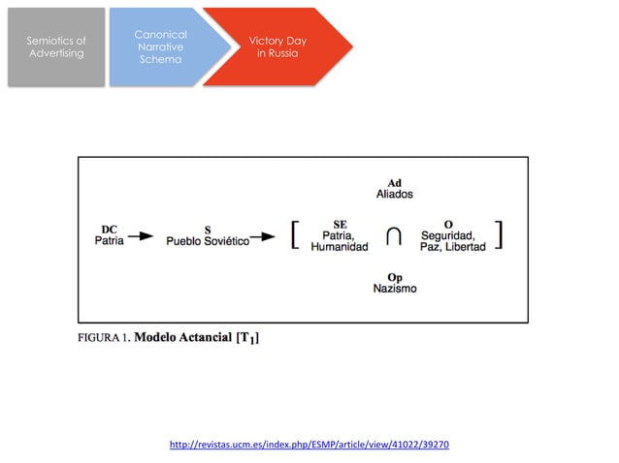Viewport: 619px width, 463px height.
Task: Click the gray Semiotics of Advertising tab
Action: pyautogui.click(x=55, y=46)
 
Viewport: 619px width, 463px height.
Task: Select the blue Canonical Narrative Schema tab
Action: pyautogui.click(x=158, y=46)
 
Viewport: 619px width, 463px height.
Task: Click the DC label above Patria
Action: pyautogui.click(x=109, y=229)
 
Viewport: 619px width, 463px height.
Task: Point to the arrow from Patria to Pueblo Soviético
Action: pyautogui.click(x=141, y=235)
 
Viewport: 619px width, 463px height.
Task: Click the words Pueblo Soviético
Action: pyautogui.click(x=207, y=241)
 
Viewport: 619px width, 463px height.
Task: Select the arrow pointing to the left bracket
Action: pyautogui.click(x=263, y=235)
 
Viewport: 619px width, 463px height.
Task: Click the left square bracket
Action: pyautogui.click(x=293, y=235)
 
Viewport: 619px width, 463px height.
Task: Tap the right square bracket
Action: pyautogui.click(x=500, y=235)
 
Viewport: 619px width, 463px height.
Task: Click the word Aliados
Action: pyautogui.click(x=394, y=195)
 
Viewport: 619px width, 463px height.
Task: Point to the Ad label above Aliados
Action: pyautogui.click(x=394, y=183)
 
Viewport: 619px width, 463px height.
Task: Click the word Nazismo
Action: pyautogui.click(x=395, y=289)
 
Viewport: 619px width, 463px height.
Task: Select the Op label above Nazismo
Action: pyautogui.click(x=395, y=277)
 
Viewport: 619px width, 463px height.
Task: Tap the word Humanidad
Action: pyautogui.click(x=340, y=247)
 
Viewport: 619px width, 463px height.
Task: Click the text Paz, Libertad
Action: pyautogui.click(x=447, y=247)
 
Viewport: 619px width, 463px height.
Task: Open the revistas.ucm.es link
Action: pyautogui.click(x=309, y=445)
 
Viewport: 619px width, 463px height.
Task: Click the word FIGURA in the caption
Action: pyautogui.click(x=101, y=339)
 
